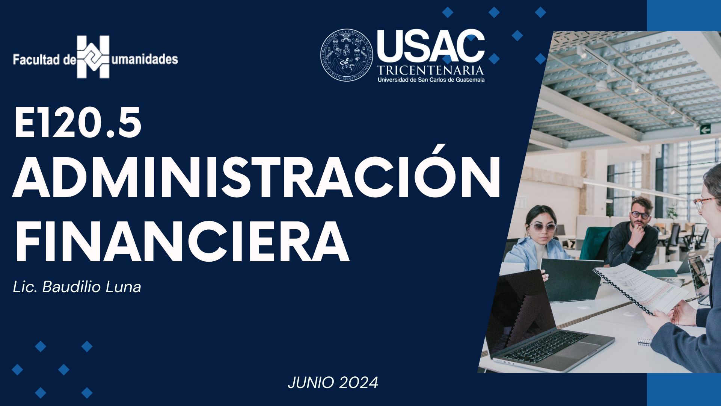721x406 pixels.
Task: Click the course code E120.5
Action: coord(78,123)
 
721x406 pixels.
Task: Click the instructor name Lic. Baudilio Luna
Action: coord(77,287)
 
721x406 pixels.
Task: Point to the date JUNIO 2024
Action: coord(333,383)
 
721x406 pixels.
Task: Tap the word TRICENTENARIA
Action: coord(431,70)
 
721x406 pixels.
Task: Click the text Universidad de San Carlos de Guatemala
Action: coord(431,80)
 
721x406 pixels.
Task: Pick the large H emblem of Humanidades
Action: coord(93,57)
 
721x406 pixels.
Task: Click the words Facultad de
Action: coord(45,60)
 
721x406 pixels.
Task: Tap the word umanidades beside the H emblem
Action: coord(145,59)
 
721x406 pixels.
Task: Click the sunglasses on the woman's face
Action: coord(543,227)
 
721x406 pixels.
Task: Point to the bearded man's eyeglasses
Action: coord(640,215)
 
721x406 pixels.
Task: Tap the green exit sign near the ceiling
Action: coord(705,129)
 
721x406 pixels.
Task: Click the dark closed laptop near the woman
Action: coord(571,280)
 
